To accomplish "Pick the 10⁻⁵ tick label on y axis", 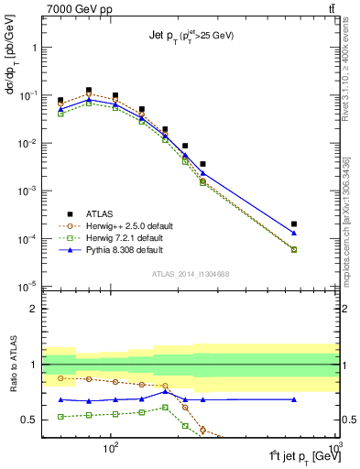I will (x=27, y=287).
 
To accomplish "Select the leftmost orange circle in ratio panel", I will (x=60, y=377).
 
